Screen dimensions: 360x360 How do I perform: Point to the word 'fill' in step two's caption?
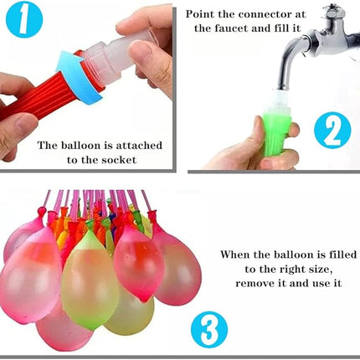click(285, 28)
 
